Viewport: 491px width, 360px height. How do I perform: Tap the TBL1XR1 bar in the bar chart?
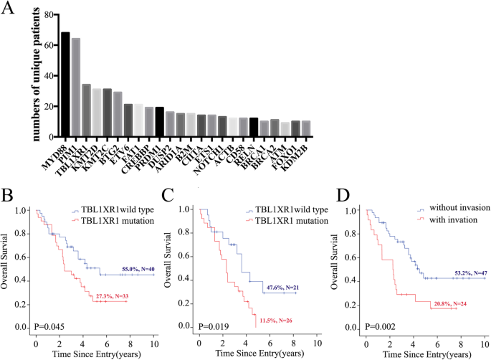[86, 110]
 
